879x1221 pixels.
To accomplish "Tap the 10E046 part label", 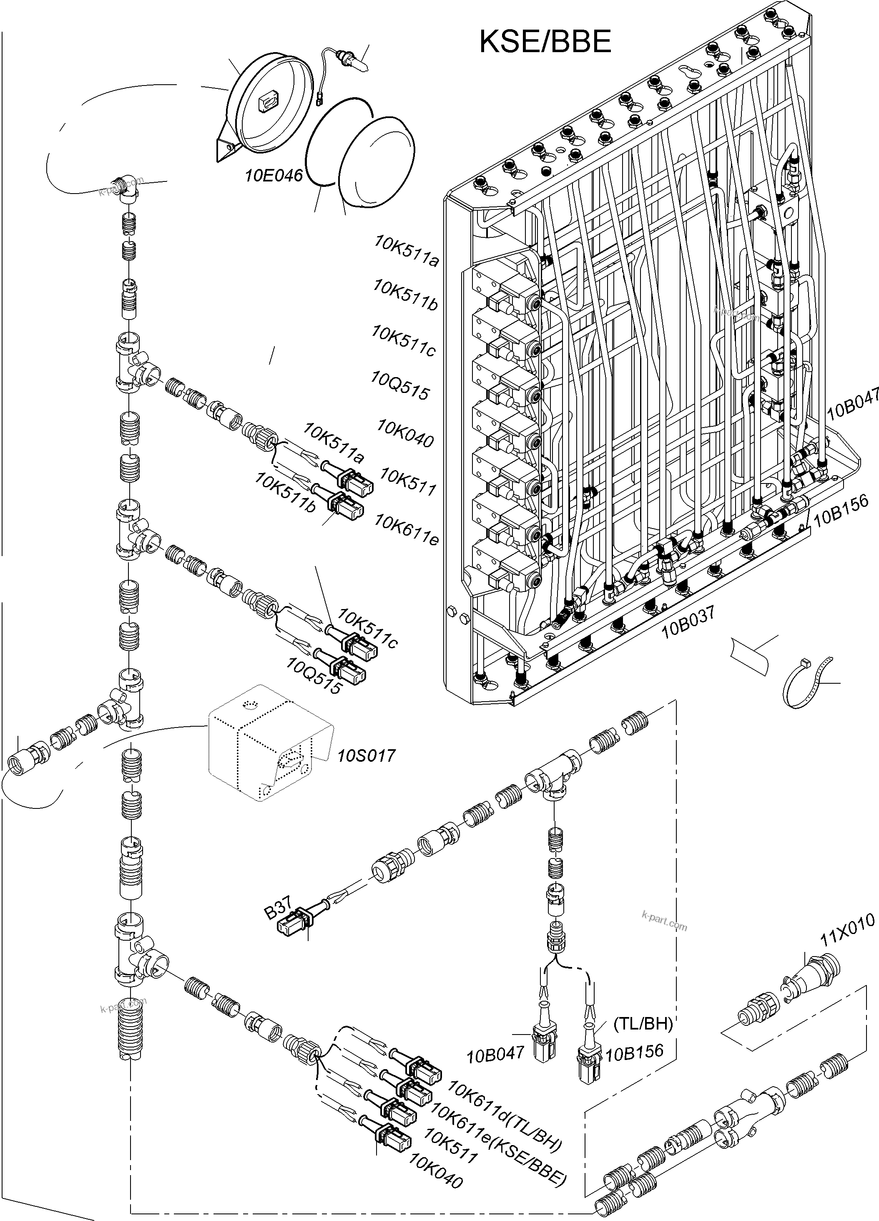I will pos(274,176).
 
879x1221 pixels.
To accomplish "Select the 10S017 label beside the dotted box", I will pos(367,755).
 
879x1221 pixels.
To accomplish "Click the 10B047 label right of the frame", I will pos(854,403).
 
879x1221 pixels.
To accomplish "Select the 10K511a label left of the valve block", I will pos(407,252).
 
